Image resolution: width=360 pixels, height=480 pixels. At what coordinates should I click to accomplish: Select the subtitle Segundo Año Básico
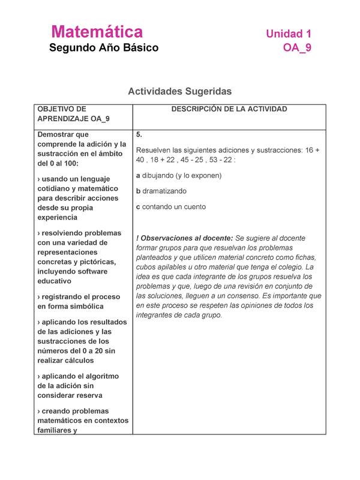[x=104, y=48]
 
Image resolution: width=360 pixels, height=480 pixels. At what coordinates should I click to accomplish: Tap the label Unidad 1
[x=289, y=34]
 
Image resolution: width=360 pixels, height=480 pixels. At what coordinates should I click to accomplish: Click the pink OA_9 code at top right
[x=297, y=48]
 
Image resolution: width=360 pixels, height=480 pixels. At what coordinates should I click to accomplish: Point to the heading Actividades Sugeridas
[x=179, y=91]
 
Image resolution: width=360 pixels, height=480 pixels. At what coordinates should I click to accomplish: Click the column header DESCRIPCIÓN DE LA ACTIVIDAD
[x=229, y=109]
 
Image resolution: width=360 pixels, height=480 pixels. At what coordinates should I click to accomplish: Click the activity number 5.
[x=139, y=134]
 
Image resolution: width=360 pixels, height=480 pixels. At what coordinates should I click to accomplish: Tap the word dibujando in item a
[x=159, y=176]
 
